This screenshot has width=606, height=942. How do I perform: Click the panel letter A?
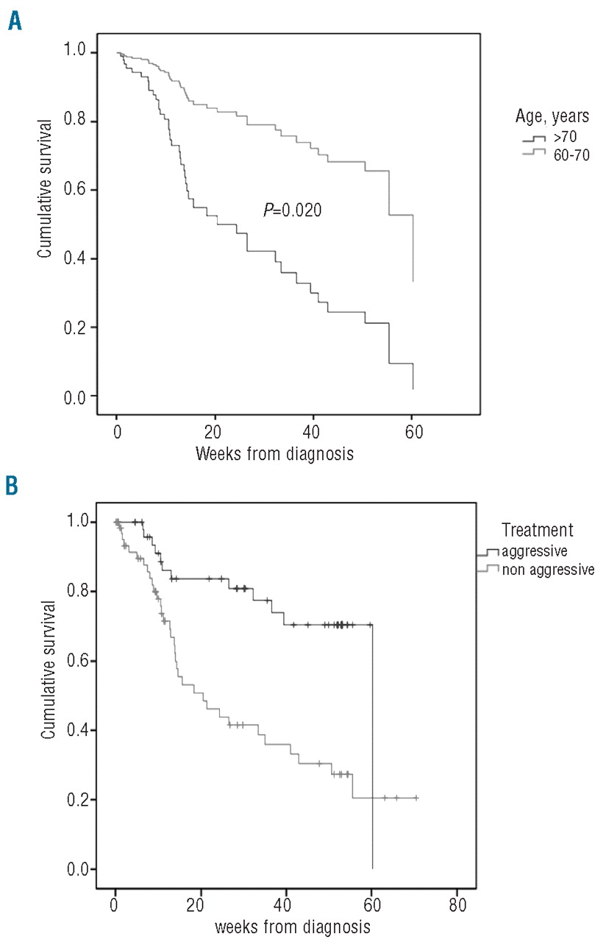click(x=14, y=21)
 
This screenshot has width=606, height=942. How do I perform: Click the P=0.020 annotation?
click(x=293, y=210)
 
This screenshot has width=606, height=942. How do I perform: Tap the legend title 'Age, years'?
click(x=551, y=119)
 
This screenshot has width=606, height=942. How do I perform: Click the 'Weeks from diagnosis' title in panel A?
click(x=274, y=454)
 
